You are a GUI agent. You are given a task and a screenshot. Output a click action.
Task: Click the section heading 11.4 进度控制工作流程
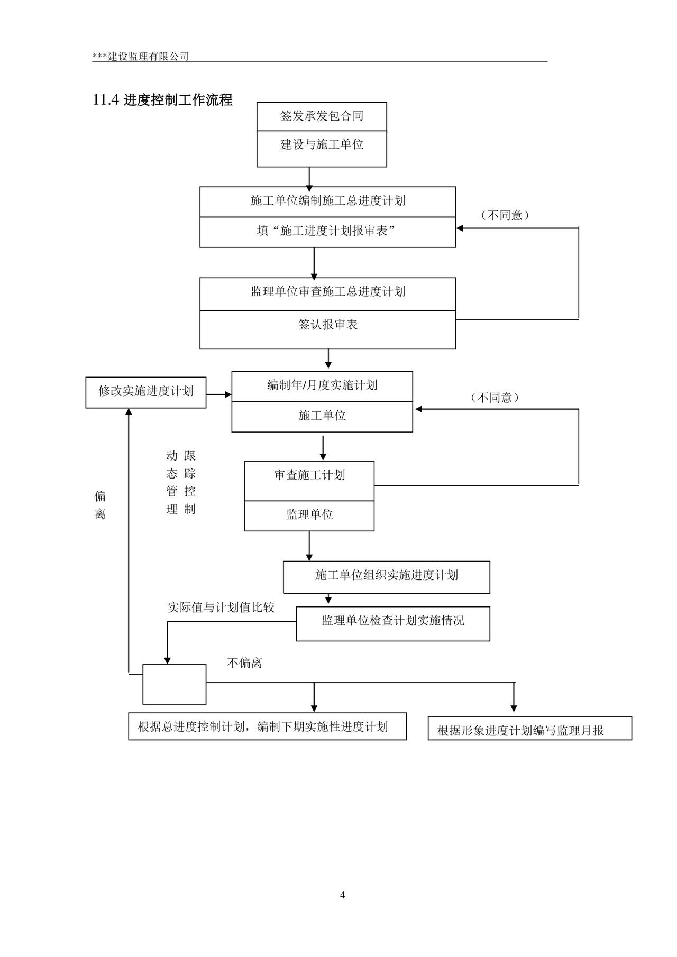pos(162,100)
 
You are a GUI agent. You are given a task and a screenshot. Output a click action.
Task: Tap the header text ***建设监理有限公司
pos(140,57)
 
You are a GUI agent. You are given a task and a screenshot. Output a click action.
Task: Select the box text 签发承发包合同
pos(322,116)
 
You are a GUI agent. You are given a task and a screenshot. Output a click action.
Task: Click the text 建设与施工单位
pos(322,144)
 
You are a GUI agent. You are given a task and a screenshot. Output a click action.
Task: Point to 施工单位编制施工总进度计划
pos(327,201)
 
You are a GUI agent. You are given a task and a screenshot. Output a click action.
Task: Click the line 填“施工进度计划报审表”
pos(327,231)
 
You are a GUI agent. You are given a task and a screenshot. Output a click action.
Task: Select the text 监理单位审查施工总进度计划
pos(327,292)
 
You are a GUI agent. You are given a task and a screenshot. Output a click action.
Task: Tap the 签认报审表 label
pos(327,325)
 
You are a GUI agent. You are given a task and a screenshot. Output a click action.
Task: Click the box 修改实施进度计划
pos(146,392)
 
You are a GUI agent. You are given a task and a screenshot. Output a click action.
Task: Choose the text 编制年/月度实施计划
pos(322,385)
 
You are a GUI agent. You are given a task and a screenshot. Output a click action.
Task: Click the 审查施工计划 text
pos(309,475)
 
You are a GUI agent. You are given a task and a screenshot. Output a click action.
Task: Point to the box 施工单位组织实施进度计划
pos(386,576)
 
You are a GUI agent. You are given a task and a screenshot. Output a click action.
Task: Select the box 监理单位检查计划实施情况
pos(392,621)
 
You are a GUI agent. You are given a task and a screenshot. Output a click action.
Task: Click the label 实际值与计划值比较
pos(221,608)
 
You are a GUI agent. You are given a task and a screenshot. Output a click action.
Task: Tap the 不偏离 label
pos(244,663)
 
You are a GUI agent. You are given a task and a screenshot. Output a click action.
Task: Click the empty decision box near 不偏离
pos(174,684)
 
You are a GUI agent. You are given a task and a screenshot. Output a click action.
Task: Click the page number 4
pos(342,895)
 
